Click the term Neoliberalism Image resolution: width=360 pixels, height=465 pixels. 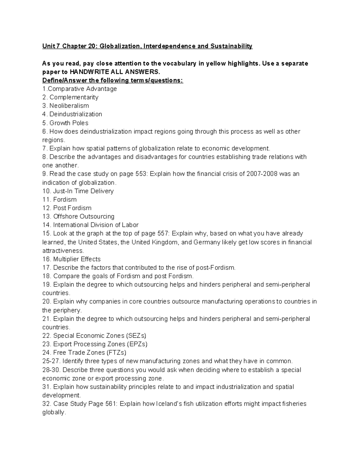69,106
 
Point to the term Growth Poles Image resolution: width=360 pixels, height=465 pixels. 69,123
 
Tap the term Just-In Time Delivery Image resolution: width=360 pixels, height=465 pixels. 83,191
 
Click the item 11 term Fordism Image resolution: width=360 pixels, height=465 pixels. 65,199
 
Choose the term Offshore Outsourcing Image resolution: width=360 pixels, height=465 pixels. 84,216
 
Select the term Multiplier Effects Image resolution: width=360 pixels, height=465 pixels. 77,259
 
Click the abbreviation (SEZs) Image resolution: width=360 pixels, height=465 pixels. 136,336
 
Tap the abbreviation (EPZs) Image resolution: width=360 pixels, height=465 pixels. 137,344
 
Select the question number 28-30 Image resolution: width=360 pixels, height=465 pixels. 52,370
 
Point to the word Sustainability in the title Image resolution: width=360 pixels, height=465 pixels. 231,46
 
